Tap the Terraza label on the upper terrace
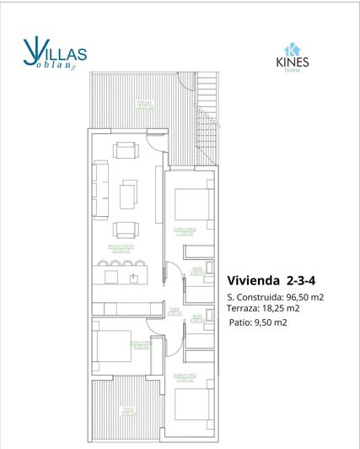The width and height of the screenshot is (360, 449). click(145, 105)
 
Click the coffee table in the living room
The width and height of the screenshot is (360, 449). click(128, 195)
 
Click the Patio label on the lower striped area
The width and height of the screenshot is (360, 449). click(128, 411)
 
